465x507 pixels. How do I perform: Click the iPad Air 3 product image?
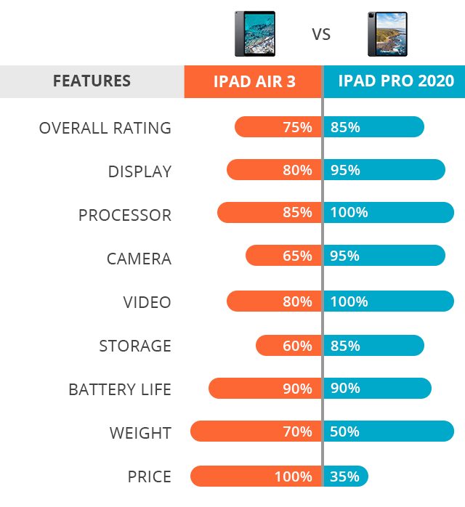click(x=254, y=33)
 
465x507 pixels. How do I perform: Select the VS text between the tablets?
click(x=321, y=34)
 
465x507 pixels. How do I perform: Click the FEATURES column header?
click(x=92, y=81)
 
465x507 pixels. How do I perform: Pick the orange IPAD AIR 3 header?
click(x=254, y=81)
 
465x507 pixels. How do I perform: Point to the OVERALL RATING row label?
click(x=105, y=128)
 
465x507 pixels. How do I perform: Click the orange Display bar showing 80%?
click(x=274, y=170)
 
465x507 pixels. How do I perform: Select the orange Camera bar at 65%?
click(x=283, y=256)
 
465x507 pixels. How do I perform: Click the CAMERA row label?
click(x=139, y=259)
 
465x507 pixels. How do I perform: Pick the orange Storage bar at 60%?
click(x=288, y=346)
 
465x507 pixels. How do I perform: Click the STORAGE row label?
click(x=135, y=346)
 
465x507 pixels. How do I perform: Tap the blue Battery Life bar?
click(x=377, y=389)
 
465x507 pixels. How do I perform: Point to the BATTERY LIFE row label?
click(x=120, y=389)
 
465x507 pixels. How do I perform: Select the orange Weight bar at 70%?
click(x=256, y=431)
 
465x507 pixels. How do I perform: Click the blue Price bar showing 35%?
click(x=346, y=476)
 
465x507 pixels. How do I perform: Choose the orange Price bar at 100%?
click(x=256, y=476)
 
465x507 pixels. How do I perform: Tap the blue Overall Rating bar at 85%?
click(x=373, y=127)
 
